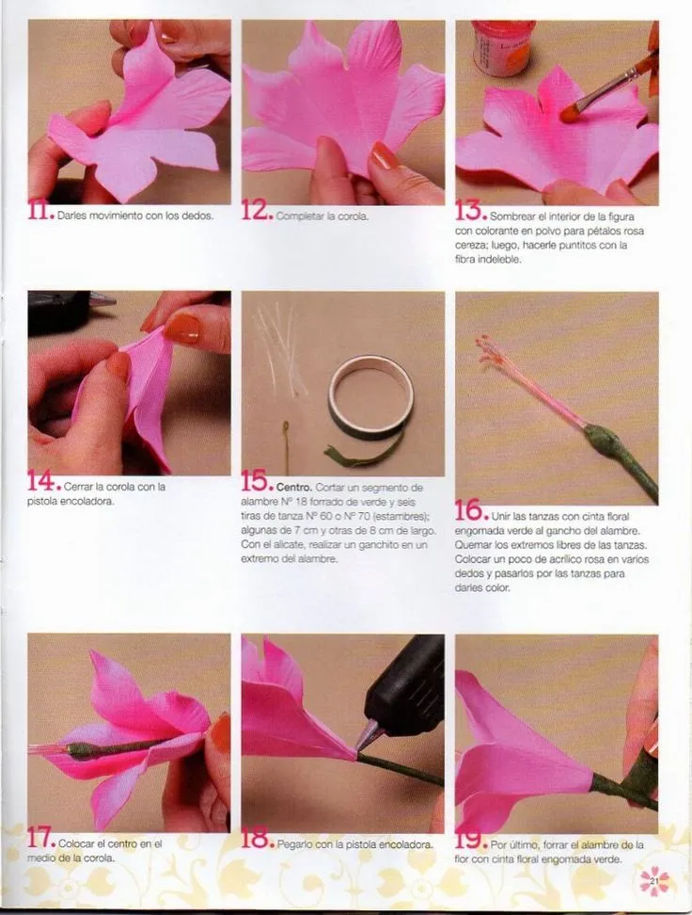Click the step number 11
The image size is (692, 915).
(x=40, y=213)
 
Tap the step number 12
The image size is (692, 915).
(x=257, y=213)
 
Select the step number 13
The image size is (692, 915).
(x=471, y=213)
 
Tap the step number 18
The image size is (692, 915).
(x=257, y=840)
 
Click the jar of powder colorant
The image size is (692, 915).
(x=504, y=47)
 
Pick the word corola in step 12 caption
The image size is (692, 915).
(x=351, y=217)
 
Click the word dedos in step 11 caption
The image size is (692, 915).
(x=197, y=217)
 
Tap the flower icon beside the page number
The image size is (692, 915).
(x=654, y=882)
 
